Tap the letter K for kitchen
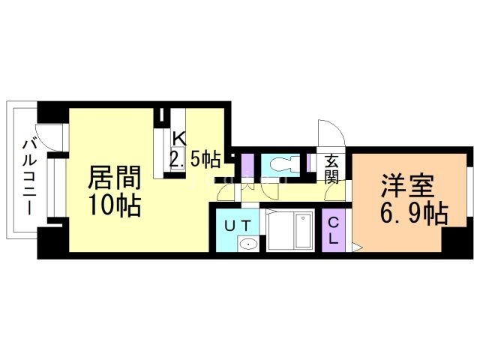pyautogui.click(x=179, y=138)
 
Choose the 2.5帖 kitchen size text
pyautogui.click(x=194, y=159)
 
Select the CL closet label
pyautogui.click(x=334, y=232)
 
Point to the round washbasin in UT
pyautogui.click(x=247, y=243)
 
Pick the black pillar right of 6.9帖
pyautogui.click(x=453, y=241)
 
